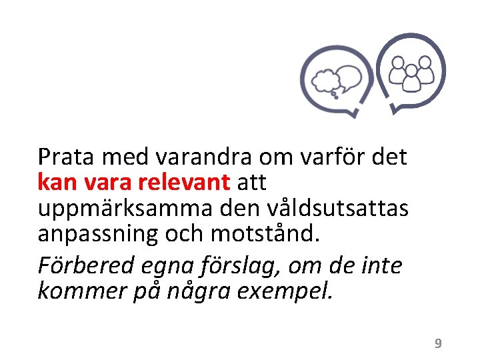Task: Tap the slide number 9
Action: click(x=438, y=343)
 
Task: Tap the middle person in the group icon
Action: click(x=411, y=79)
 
